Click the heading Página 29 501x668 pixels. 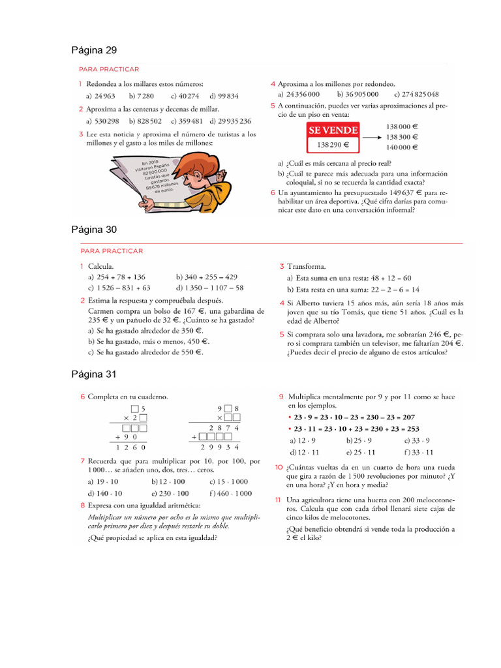click(x=93, y=50)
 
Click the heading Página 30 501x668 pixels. click(x=93, y=230)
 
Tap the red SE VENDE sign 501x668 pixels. click(x=333, y=131)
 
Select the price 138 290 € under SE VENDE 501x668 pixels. click(x=333, y=145)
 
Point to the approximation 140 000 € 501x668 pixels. click(x=402, y=147)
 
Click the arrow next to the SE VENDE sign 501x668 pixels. click(x=371, y=138)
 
